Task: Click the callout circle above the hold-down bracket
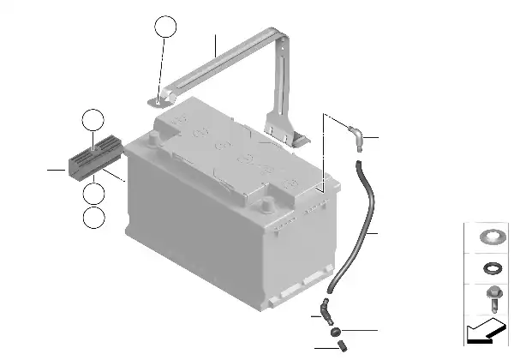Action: pos(165,27)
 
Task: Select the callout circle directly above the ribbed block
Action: pos(93,121)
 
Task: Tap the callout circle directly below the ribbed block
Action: pos(94,195)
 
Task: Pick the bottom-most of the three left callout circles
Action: pos(94,218)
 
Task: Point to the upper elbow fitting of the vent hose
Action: pos(356,133)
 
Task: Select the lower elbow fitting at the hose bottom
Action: pos(323,308)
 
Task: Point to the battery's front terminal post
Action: pos(269,203)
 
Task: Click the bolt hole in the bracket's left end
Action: pos(156,101)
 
